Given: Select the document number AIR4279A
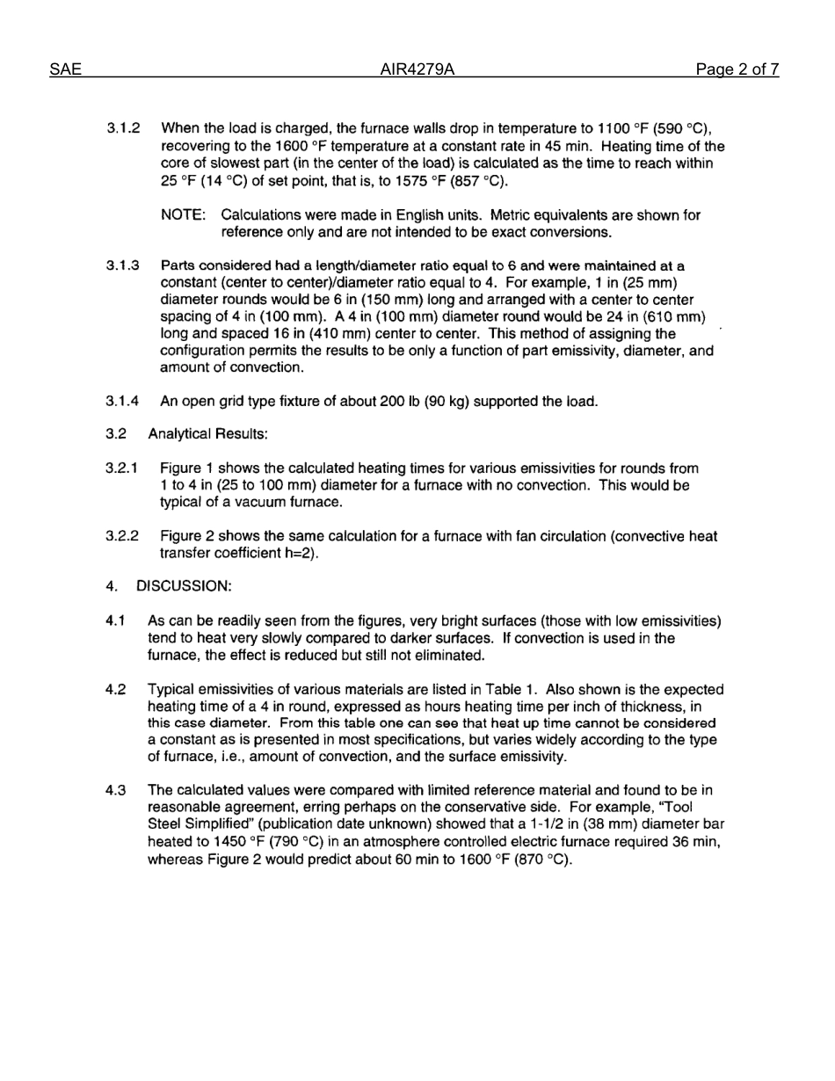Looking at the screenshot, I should [x=417, y=69].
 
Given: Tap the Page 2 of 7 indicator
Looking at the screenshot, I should [x=737, y=69].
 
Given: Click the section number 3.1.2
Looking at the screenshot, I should [x=124, y=128].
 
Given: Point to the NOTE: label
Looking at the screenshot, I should [x=185, y=215].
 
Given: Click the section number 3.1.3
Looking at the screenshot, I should [x=124, y=265].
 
